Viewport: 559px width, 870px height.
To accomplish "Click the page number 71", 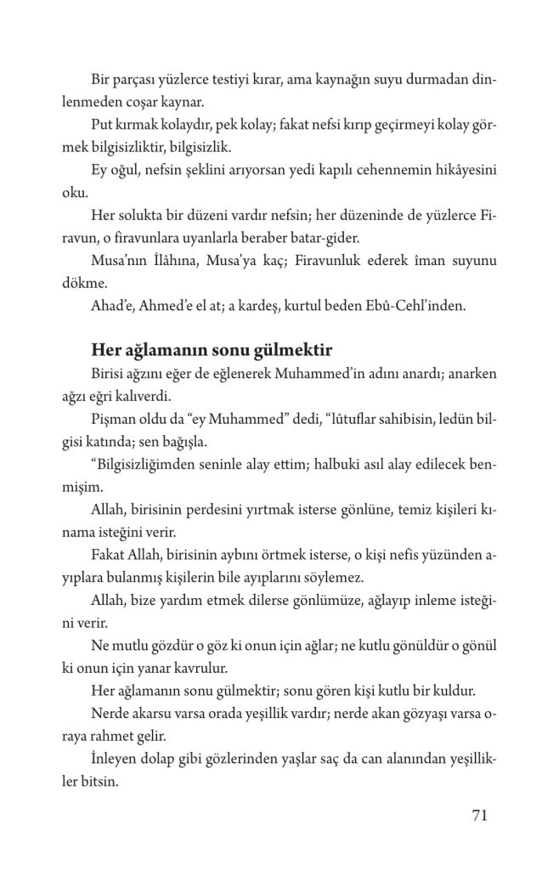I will (478, 816).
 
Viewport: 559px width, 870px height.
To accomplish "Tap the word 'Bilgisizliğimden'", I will (145, 464).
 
